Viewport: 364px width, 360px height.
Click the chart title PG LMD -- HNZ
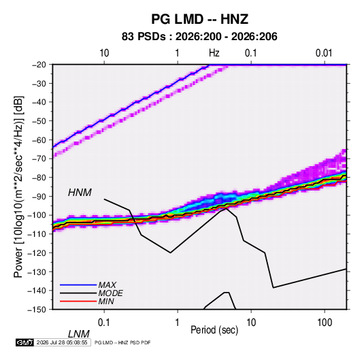click(x=199, y=19)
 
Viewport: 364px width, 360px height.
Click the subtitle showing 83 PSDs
click(x=199, y=37)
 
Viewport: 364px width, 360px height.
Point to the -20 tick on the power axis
click(x=39, y=65)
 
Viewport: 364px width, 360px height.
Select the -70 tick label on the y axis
click(x=39, y=159)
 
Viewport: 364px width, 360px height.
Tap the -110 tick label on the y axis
click(x=37, y=234)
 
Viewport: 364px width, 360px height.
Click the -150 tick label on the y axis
click(x=37, y=310)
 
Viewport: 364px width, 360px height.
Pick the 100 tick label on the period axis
click(x=325, y=323)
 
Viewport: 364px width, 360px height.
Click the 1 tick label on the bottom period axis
click(x=178, y=323)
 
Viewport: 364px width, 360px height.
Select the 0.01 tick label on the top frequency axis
click(x=324, y=53)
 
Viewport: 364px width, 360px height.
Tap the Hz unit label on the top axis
click(x=214, y=53)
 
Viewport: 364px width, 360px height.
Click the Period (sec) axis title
click(x=214, y=330)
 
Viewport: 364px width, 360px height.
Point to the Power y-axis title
click(x=18, y=187)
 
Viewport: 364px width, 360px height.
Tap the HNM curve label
click(x=80, y=193)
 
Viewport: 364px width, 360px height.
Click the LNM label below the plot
click(x=79, y=334)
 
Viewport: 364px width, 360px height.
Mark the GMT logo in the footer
click(x=25, y=342)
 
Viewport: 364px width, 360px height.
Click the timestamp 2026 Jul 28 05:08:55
click(x=62, y=342)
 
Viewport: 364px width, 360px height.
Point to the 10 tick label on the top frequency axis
click(x=104, y=53)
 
